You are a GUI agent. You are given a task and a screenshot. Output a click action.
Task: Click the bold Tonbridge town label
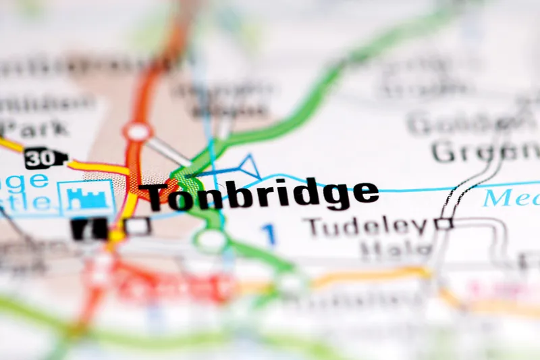point(262,195)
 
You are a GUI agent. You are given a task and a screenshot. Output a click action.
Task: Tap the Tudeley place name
point(367,226)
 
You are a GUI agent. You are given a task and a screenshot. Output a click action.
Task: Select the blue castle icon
point(86,197)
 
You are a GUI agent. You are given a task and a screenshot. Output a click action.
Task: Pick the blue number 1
point(269,234)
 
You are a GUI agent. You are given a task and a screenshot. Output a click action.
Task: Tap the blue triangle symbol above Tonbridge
point(247,168)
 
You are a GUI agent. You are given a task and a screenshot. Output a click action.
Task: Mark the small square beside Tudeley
point(443,223)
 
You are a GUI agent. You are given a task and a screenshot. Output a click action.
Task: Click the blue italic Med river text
point(511,198)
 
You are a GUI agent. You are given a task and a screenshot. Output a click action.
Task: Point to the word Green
point(483,152)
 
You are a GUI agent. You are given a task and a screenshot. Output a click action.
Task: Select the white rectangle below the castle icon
point(137,227)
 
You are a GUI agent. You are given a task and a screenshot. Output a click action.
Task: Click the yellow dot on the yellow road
point(117,236)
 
